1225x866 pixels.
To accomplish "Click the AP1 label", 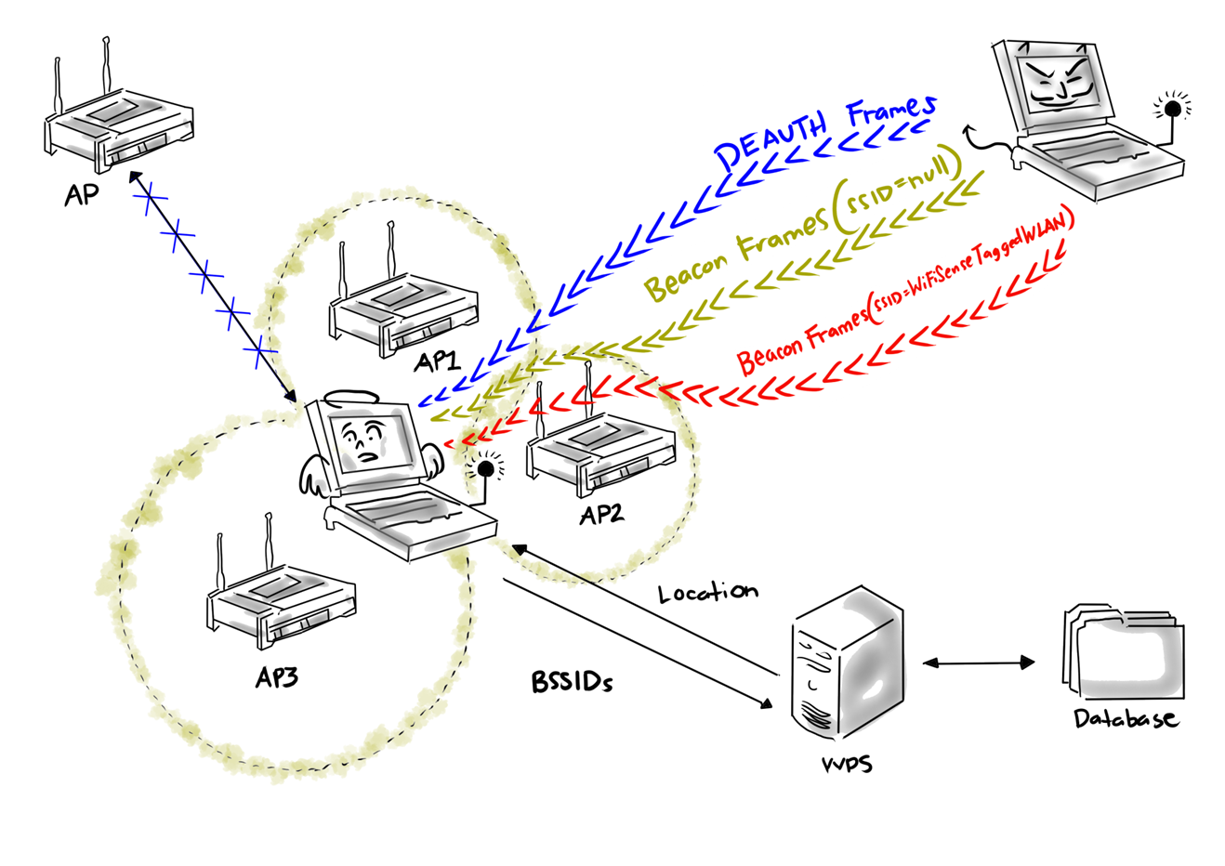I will (x=437, y=361).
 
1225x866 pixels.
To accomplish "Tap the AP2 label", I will (x=601, y=513).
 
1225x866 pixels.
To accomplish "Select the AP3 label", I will (x=277, y=677).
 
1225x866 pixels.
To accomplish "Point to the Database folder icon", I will (x=1123, y=650).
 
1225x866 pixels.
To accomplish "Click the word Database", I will (x=1126, y=718).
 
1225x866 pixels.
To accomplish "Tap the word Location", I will (x=708, y=592).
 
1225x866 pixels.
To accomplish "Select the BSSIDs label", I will (x=573, y=683).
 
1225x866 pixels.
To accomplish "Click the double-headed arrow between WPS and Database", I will (x=979, y=663).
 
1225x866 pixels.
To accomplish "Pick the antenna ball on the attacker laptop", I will (x=1174, y=109).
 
